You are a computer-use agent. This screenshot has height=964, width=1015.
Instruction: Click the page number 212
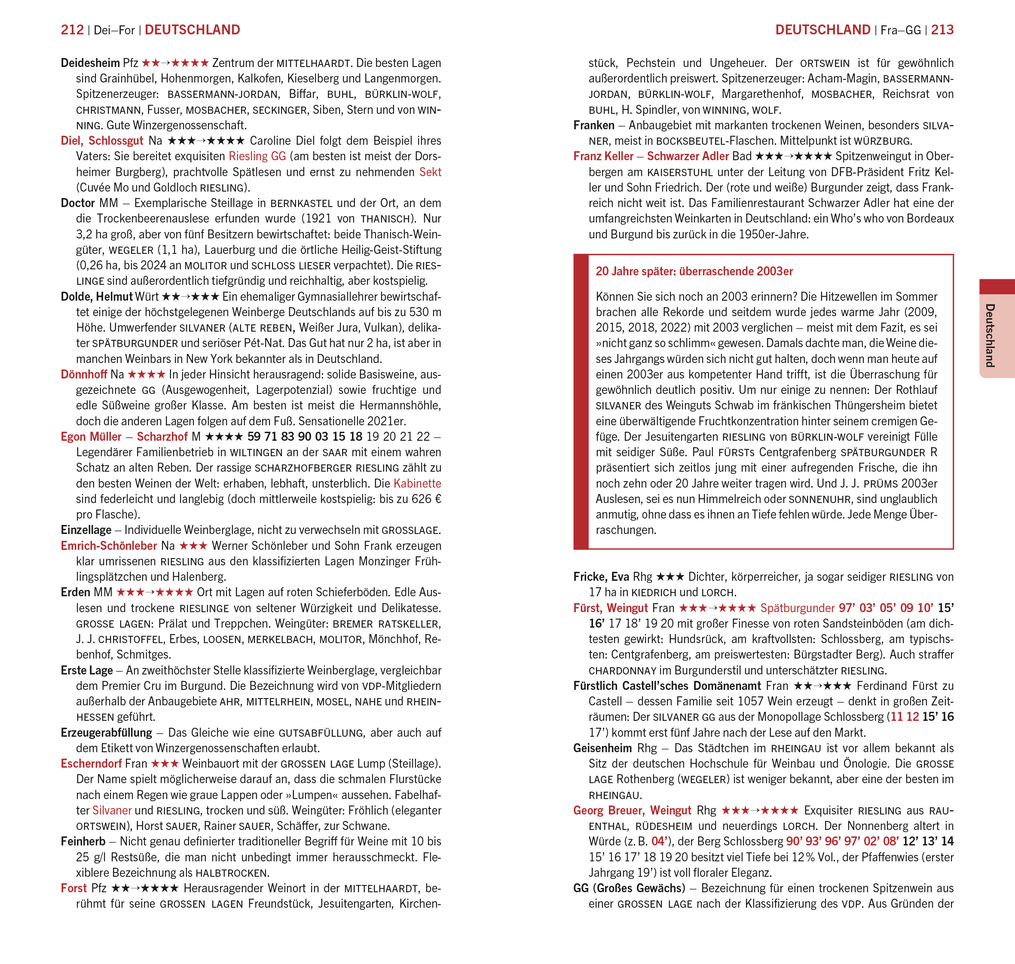(72, 30)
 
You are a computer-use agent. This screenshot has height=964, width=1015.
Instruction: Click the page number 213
(942, 30)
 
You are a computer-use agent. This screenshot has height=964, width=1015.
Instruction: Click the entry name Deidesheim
(90, 63)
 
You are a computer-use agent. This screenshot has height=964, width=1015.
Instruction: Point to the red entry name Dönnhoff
(84, 374)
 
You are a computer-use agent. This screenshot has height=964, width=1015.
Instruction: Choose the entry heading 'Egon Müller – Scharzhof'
(124, 436)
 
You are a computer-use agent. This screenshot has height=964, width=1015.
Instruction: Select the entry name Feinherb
(83, 841)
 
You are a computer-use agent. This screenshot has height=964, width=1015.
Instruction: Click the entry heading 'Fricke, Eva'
(601, 577)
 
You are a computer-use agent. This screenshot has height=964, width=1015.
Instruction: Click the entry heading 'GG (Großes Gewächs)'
(629, 888)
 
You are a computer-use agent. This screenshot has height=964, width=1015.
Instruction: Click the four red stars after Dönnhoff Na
(147, 374)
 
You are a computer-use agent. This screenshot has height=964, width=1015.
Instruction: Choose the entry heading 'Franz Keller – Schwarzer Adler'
(651, 156)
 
